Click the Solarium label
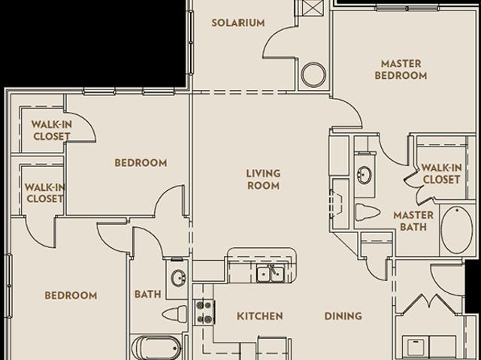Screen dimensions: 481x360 [238, 23]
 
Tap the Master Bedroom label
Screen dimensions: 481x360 [401, 70]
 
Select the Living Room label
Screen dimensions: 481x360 [264, 180]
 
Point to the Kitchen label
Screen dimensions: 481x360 [260, 316]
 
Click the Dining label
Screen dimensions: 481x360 [343, 316]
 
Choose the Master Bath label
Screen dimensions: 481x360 [413, 221]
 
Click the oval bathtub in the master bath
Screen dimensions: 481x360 [457, 229]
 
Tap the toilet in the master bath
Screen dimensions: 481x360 [368, 212]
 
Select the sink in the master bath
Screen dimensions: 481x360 [365, 175]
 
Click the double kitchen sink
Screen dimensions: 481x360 [271, 274]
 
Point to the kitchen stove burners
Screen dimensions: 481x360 [204, 312]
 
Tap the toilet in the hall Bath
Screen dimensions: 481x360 [174, 313]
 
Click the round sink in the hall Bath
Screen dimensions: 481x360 [178, 278]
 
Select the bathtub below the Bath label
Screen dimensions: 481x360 [156, 348]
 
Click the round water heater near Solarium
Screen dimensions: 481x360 [313, 74]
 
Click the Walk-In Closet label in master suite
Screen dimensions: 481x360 [441, 174]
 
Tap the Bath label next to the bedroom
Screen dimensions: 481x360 [148, 295]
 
